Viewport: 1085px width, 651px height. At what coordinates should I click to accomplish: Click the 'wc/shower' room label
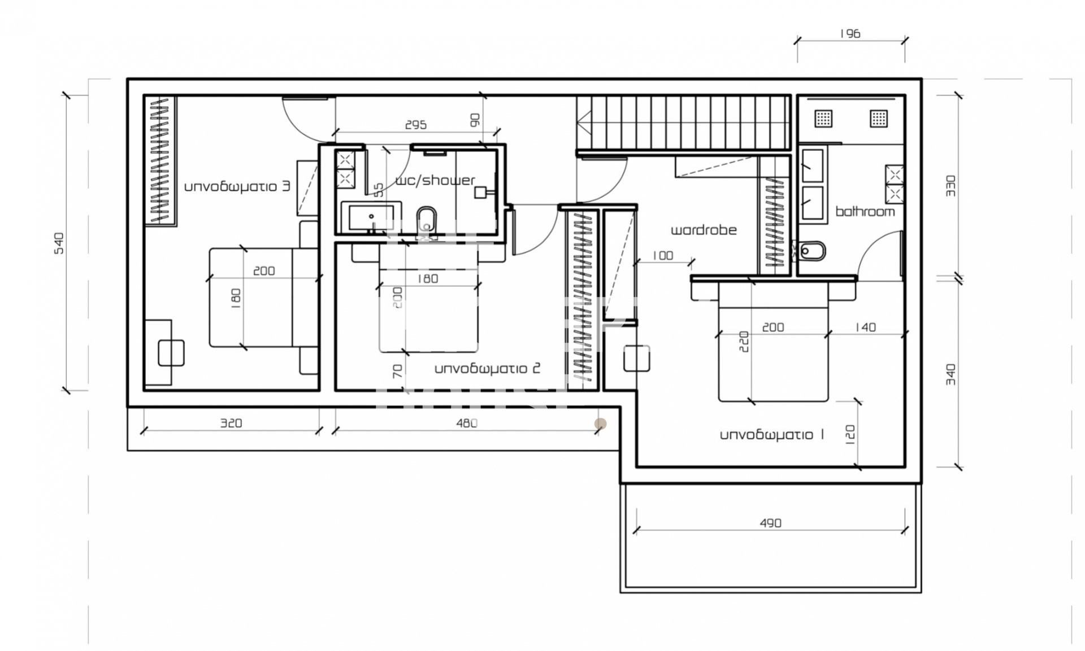pos(435,180)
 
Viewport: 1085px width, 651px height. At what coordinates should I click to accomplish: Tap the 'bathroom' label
pos(865,211)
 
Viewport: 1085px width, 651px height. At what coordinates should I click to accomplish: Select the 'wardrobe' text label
pos(704,230)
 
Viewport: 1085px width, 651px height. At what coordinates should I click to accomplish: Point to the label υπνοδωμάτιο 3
pos(237,186)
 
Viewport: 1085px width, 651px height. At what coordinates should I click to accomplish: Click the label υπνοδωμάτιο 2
pos(487,369)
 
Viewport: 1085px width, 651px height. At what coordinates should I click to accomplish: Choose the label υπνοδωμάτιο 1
pos(772,435)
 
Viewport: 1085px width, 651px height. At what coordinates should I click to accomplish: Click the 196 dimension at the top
pos(849,34)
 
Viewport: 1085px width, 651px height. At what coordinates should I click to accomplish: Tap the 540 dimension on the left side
pos(59,243)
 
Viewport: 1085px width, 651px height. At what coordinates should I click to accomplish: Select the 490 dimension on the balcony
pos(770,523)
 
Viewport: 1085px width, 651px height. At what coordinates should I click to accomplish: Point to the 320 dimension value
pos(231,423)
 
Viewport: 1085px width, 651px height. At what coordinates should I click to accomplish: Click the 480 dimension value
pos(467,423)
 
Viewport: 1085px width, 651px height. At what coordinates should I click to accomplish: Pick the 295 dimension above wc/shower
pos(416,125)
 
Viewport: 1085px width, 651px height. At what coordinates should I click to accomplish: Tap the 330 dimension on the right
pos(951,186)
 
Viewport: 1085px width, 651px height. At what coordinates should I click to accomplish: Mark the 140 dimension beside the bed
pos(865,327)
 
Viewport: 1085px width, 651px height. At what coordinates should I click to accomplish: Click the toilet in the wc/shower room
pos(427,221)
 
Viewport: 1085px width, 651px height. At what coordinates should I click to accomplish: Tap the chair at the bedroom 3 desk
pos(171,353)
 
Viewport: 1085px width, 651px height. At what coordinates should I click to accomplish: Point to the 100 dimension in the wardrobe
pos(662,256)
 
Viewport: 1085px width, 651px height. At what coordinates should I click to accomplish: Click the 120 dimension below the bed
pos(851,433)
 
